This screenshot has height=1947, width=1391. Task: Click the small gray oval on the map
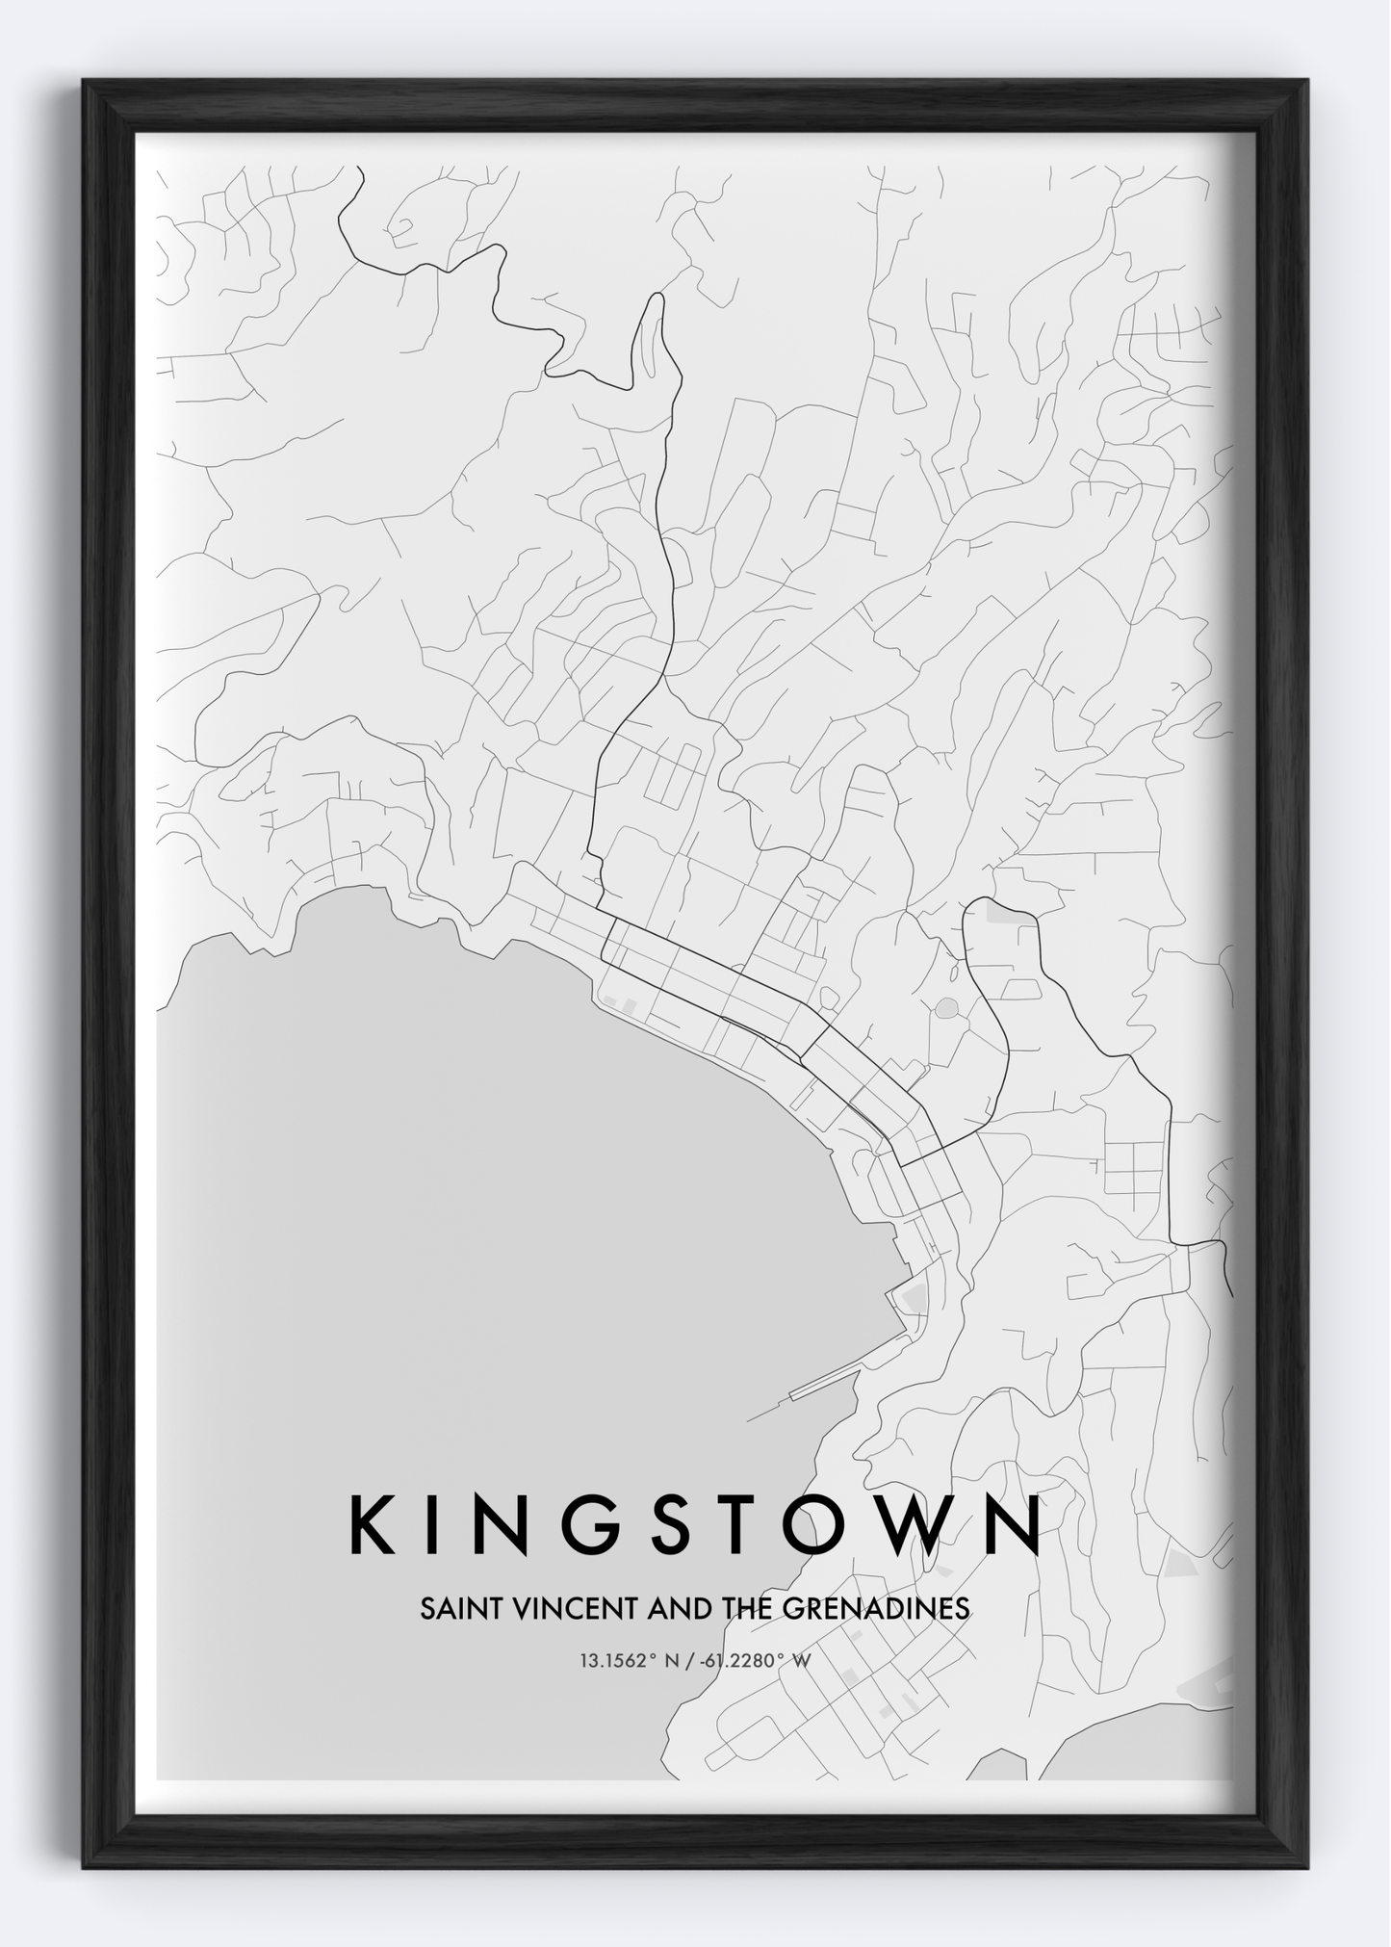(x=946, y=1008)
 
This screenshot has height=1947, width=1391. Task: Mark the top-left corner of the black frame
(x=85, y=82)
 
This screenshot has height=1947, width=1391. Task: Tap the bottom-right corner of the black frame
(x=1306, y=1867)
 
